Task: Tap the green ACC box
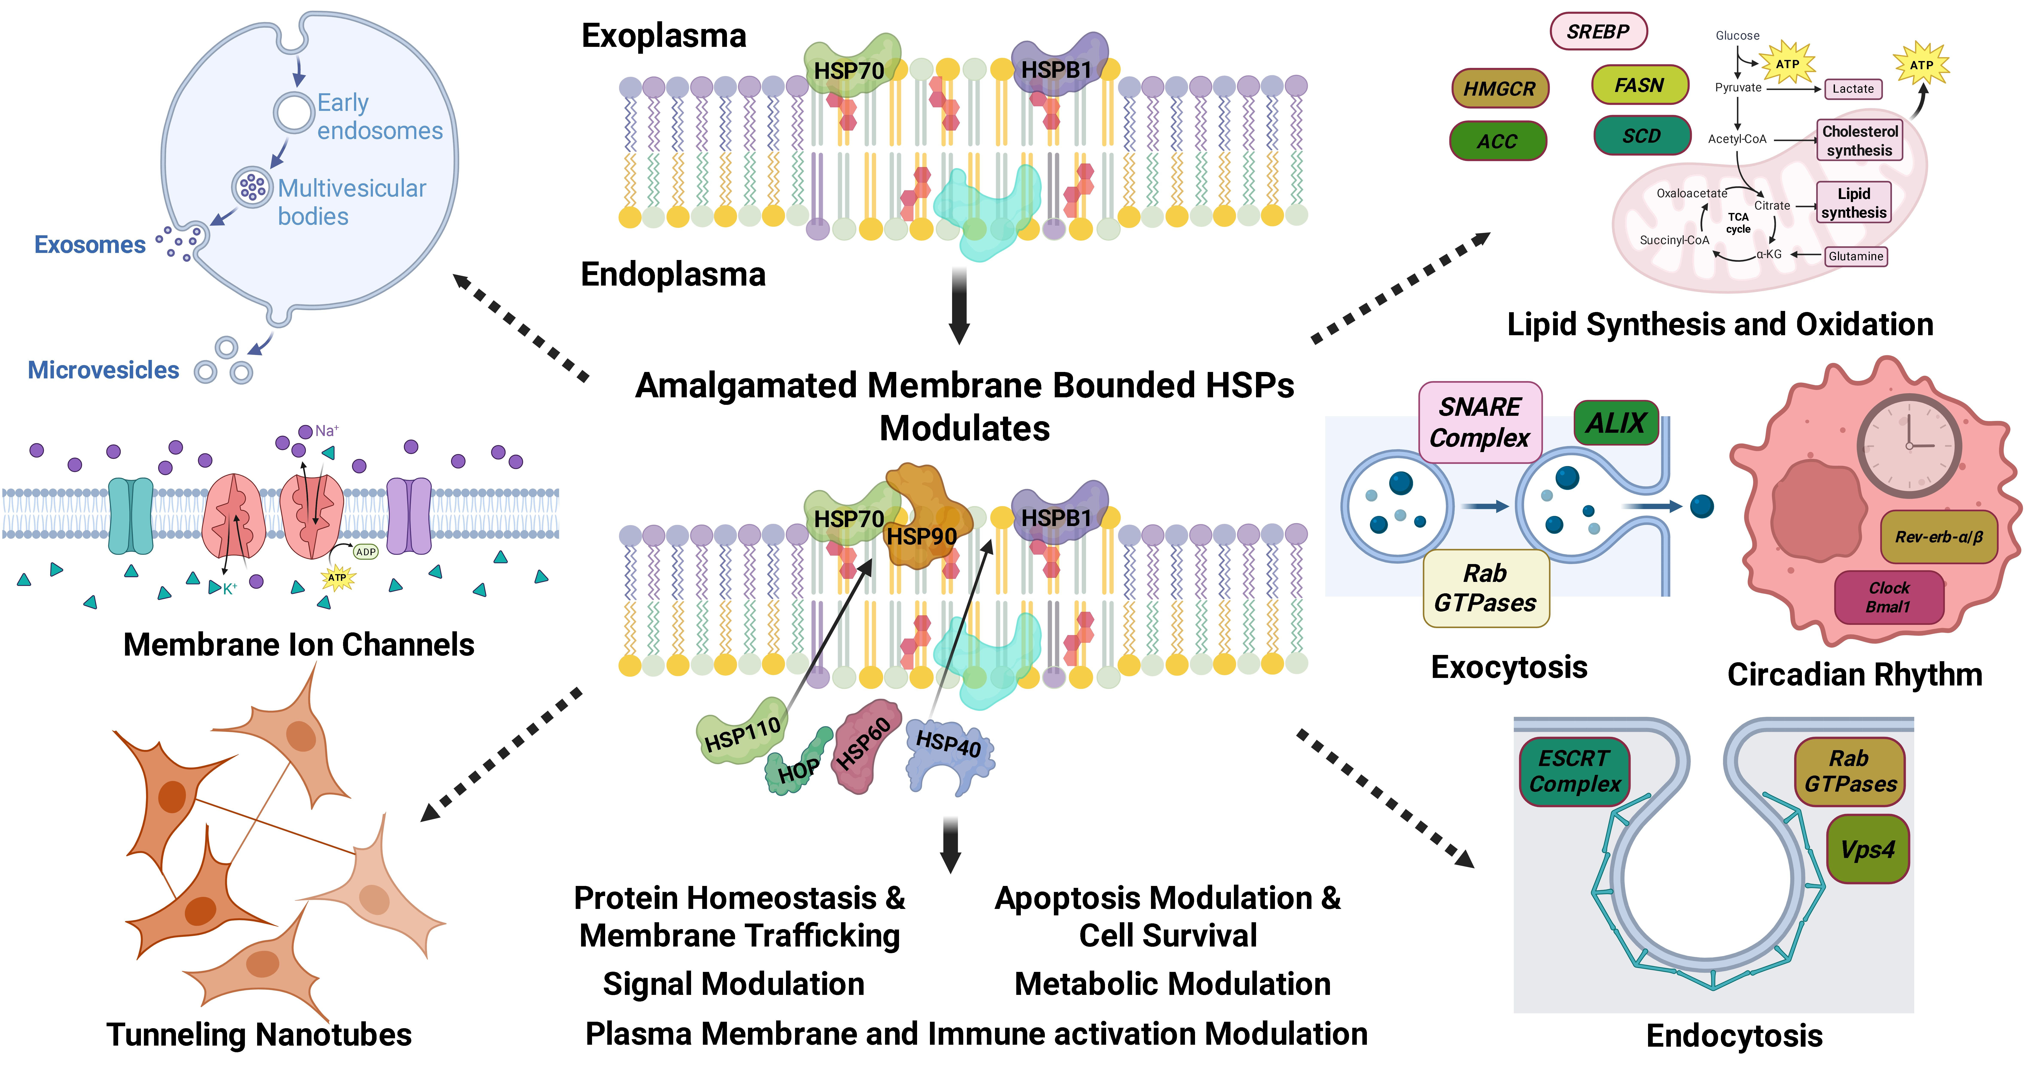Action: click(x=1497, y=141)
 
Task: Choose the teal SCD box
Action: click(x=1641, y=136)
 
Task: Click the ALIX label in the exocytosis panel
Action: click(x=1615, y=423)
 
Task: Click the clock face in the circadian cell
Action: click(x=1909, y=445)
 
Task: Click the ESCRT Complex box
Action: click(x=1574, y=771)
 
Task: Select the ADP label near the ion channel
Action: click(x=365, y=552)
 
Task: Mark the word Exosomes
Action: click(x=90, y=245)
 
